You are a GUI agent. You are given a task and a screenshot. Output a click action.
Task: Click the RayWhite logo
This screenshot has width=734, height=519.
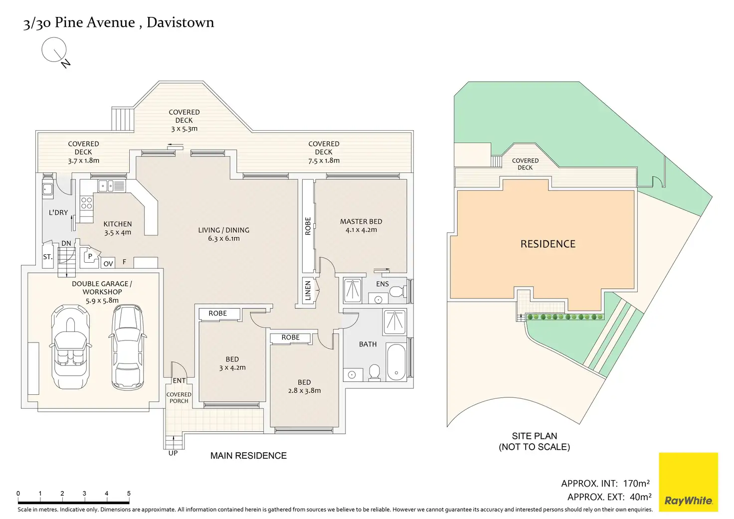(x=688, y=482)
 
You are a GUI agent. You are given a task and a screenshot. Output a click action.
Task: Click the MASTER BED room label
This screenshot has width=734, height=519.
(x=361, y=221)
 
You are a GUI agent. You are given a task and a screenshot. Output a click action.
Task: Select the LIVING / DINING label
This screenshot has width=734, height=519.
(x=223, y=230)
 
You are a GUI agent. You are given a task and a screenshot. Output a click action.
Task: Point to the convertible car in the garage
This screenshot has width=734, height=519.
(x=71, y=347)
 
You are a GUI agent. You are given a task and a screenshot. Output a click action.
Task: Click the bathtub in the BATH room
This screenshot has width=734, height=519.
(x=396, y=362)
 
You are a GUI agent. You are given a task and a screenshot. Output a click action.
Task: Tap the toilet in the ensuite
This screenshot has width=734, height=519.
(x=397, y=292)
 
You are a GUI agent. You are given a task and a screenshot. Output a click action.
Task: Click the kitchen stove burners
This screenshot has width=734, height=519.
(x=87, y=202)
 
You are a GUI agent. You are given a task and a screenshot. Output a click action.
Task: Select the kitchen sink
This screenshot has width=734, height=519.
(x=106, y=186)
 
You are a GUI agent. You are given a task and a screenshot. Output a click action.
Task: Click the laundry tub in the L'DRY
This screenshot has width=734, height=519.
(x=47, y=189)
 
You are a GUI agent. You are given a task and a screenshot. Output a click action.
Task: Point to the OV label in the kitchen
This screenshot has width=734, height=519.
(x=108, y=264)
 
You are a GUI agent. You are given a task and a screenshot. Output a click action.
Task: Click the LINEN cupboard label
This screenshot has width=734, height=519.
(x=308, y=291)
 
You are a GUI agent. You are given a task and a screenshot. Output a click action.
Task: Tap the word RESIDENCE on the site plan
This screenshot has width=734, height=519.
(x=548, y=244)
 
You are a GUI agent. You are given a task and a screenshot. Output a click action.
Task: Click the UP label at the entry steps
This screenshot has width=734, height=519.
(x=173, y=453)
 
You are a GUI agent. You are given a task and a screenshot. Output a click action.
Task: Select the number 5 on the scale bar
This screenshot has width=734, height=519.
(x=129, y=494)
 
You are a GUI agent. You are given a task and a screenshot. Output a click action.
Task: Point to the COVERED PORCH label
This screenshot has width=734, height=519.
(x=179, y=397)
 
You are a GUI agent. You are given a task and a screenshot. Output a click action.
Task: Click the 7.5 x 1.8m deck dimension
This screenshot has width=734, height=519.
(x=324, y=161)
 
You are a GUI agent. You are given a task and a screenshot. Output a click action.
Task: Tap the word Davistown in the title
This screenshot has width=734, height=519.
(x=181, y=22)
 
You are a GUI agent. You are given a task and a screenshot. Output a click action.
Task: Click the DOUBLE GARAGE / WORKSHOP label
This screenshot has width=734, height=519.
(x=102, y=288)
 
